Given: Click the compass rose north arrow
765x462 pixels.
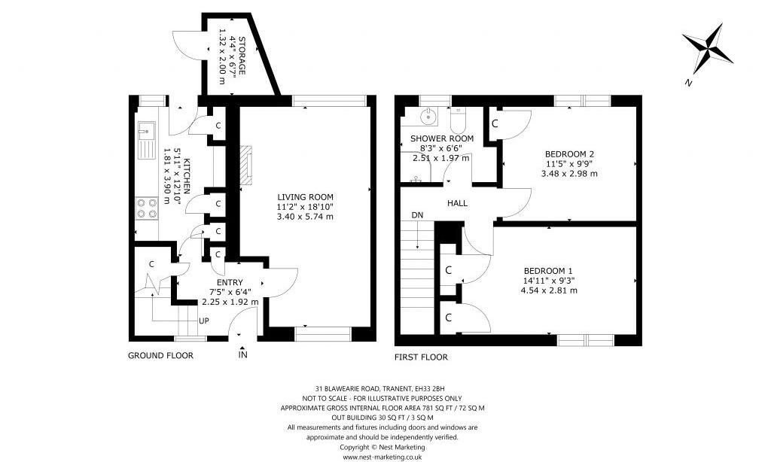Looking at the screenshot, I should pos(707,49).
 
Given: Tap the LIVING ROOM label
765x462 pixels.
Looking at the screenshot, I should pos(305,196).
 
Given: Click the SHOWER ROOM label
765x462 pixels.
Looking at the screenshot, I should pos(441,138).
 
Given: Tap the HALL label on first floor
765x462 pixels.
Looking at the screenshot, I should pos(457,203).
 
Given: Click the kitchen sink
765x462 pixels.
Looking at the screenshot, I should pos(146,139).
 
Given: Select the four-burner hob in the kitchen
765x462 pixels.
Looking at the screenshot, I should pos(147,208).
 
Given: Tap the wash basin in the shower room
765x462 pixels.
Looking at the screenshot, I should pos(428,117).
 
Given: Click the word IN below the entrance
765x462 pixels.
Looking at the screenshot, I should pos(242,354).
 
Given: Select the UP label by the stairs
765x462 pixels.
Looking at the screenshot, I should pos(203,321).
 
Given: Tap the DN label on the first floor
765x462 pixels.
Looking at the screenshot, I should pos(417,216).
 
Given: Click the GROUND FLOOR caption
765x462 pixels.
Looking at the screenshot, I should pos(160,356).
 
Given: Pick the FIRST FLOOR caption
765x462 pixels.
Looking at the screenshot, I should pos(421,357).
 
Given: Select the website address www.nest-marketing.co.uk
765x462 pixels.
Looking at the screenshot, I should pos(382,457).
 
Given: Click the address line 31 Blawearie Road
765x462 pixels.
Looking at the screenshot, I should pos(382,388).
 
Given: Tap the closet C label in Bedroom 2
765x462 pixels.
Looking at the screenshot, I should pos(495,123).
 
